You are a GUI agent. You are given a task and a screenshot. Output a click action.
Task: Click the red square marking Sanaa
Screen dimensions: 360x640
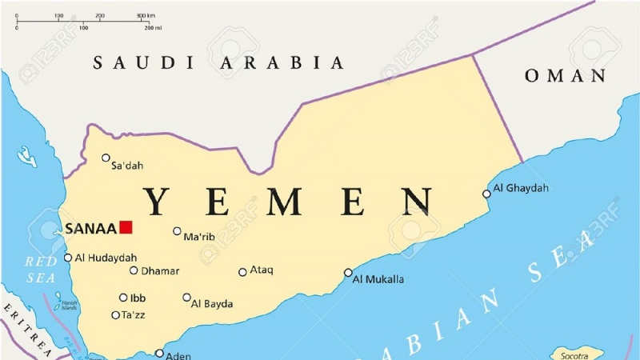click(126, 228)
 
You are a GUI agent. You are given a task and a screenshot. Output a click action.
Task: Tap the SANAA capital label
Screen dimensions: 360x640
click(90, 229)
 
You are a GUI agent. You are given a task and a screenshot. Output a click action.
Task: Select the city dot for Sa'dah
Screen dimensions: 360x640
click(106, 158)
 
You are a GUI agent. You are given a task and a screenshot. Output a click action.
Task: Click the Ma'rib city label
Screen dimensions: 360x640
click(199, 238)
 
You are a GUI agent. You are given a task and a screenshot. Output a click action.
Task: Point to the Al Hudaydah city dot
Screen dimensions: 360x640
click(68, 258)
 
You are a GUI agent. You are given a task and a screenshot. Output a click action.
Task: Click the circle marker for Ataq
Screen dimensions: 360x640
click(242, 272)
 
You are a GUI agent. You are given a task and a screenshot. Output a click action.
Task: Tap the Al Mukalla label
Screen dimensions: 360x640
click(378, 279)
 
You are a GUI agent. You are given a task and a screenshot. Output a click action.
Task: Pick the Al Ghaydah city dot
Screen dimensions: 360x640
click(486, 194)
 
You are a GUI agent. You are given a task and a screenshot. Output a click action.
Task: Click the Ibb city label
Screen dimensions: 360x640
click(138, 298)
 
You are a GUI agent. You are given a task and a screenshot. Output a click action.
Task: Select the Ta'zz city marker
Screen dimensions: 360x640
click(116, 315)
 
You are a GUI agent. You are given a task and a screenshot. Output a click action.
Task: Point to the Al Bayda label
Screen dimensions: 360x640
click(213, 304)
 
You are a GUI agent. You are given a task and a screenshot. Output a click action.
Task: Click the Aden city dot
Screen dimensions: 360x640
click(159, 353)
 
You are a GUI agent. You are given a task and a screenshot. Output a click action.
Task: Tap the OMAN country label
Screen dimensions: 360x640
click(565, 76)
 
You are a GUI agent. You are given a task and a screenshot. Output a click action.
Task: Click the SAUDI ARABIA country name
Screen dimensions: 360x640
click(218, 62)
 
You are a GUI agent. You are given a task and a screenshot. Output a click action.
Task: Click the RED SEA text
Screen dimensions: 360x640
click(41, 270)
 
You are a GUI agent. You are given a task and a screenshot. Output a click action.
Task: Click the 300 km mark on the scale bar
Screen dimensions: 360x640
click(146, 15)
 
